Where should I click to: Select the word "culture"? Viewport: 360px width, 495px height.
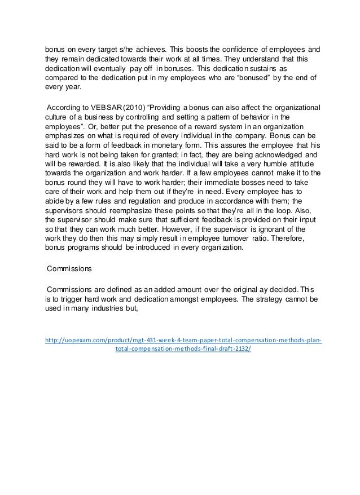(58, 117)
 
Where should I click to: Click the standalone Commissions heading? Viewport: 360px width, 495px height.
(71, 269)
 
